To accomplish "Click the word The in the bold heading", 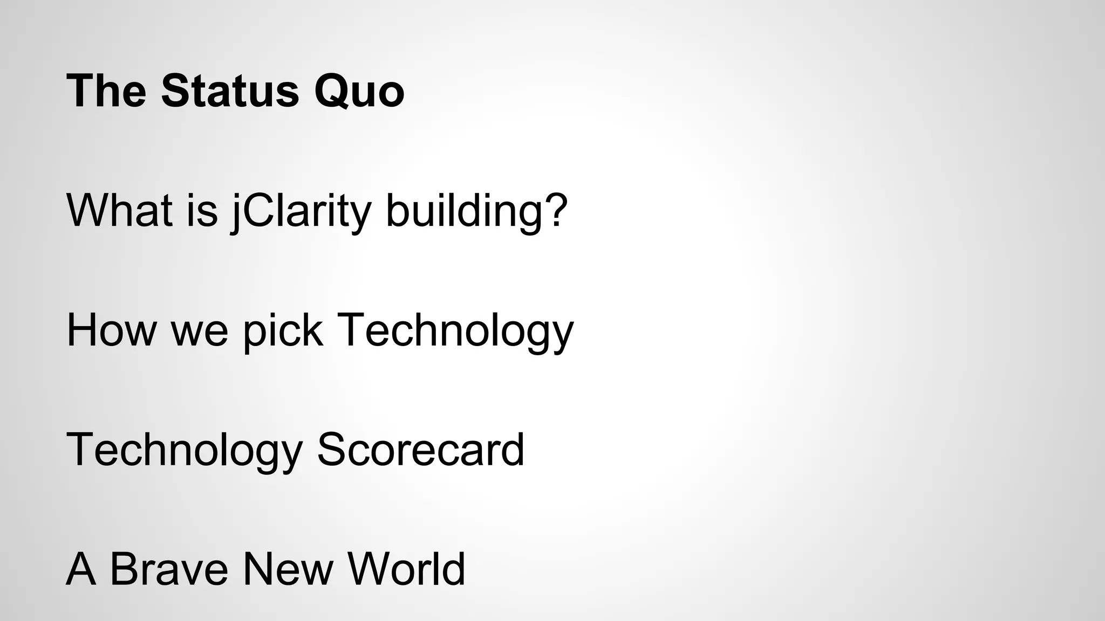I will click(x=106, y=91).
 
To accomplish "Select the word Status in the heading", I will click(x=229, y=91).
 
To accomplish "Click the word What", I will click(x=119, y=210).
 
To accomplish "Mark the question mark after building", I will click(x=556, y=210).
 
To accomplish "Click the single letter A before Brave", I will click(x=81, y=569).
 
